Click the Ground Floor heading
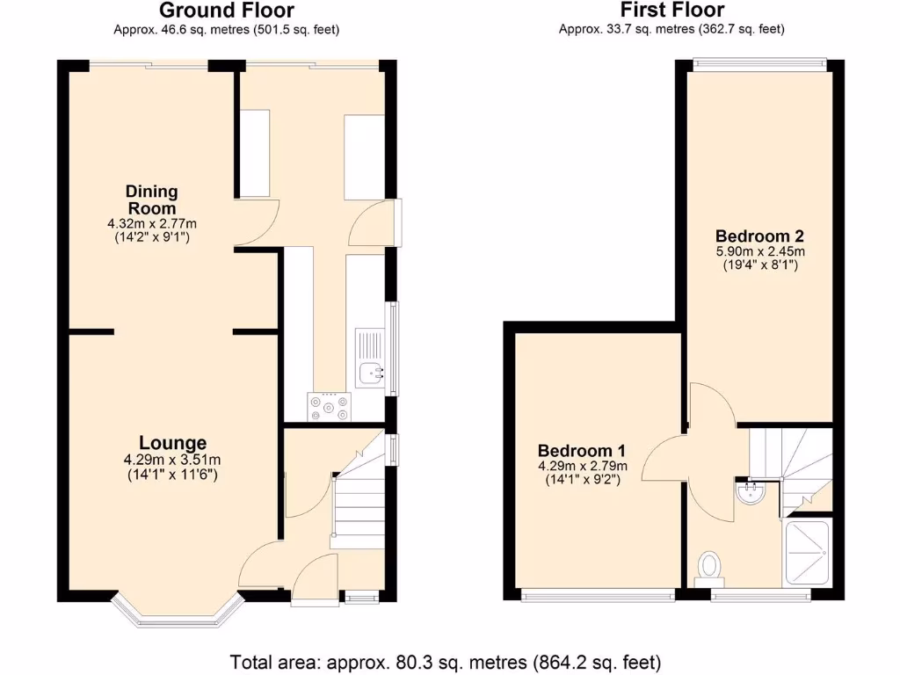pos(227,11)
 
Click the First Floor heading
pos(671,11)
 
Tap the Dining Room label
pos(151,200)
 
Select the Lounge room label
pos(172,443)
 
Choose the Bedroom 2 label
pos(759,236)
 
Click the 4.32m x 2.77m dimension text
pos(151,224)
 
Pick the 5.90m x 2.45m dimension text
pos(759,251)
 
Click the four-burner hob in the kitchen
pos(329,406)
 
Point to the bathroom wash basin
pos(751,493)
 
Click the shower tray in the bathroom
pos(807,554)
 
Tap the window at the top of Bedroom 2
pos(759,62)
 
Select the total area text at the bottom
pos(445,661)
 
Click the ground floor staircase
pos(360,497)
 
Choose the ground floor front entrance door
pos(314,584)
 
